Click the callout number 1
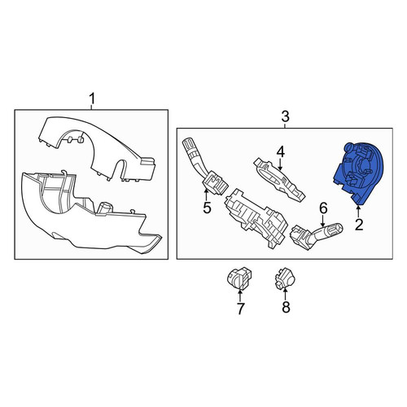click(x=92, y=99)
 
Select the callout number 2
click(x=359, y=225)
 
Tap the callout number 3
click(x=285, y=117)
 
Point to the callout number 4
click(x=281, y=152)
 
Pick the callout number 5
click(x=207, y=208)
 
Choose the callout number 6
click(x=323, y=208)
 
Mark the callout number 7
click(x=240, y=309)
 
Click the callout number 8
click(x=286, y=307)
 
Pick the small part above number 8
click(x=285, y=278)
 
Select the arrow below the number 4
click(x=280, y=165)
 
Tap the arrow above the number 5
click(x=206, y=195)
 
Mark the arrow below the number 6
click(x=322, y=221)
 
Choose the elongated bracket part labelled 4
click(x=279, y=179)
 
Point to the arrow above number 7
click(x=240, y=295)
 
